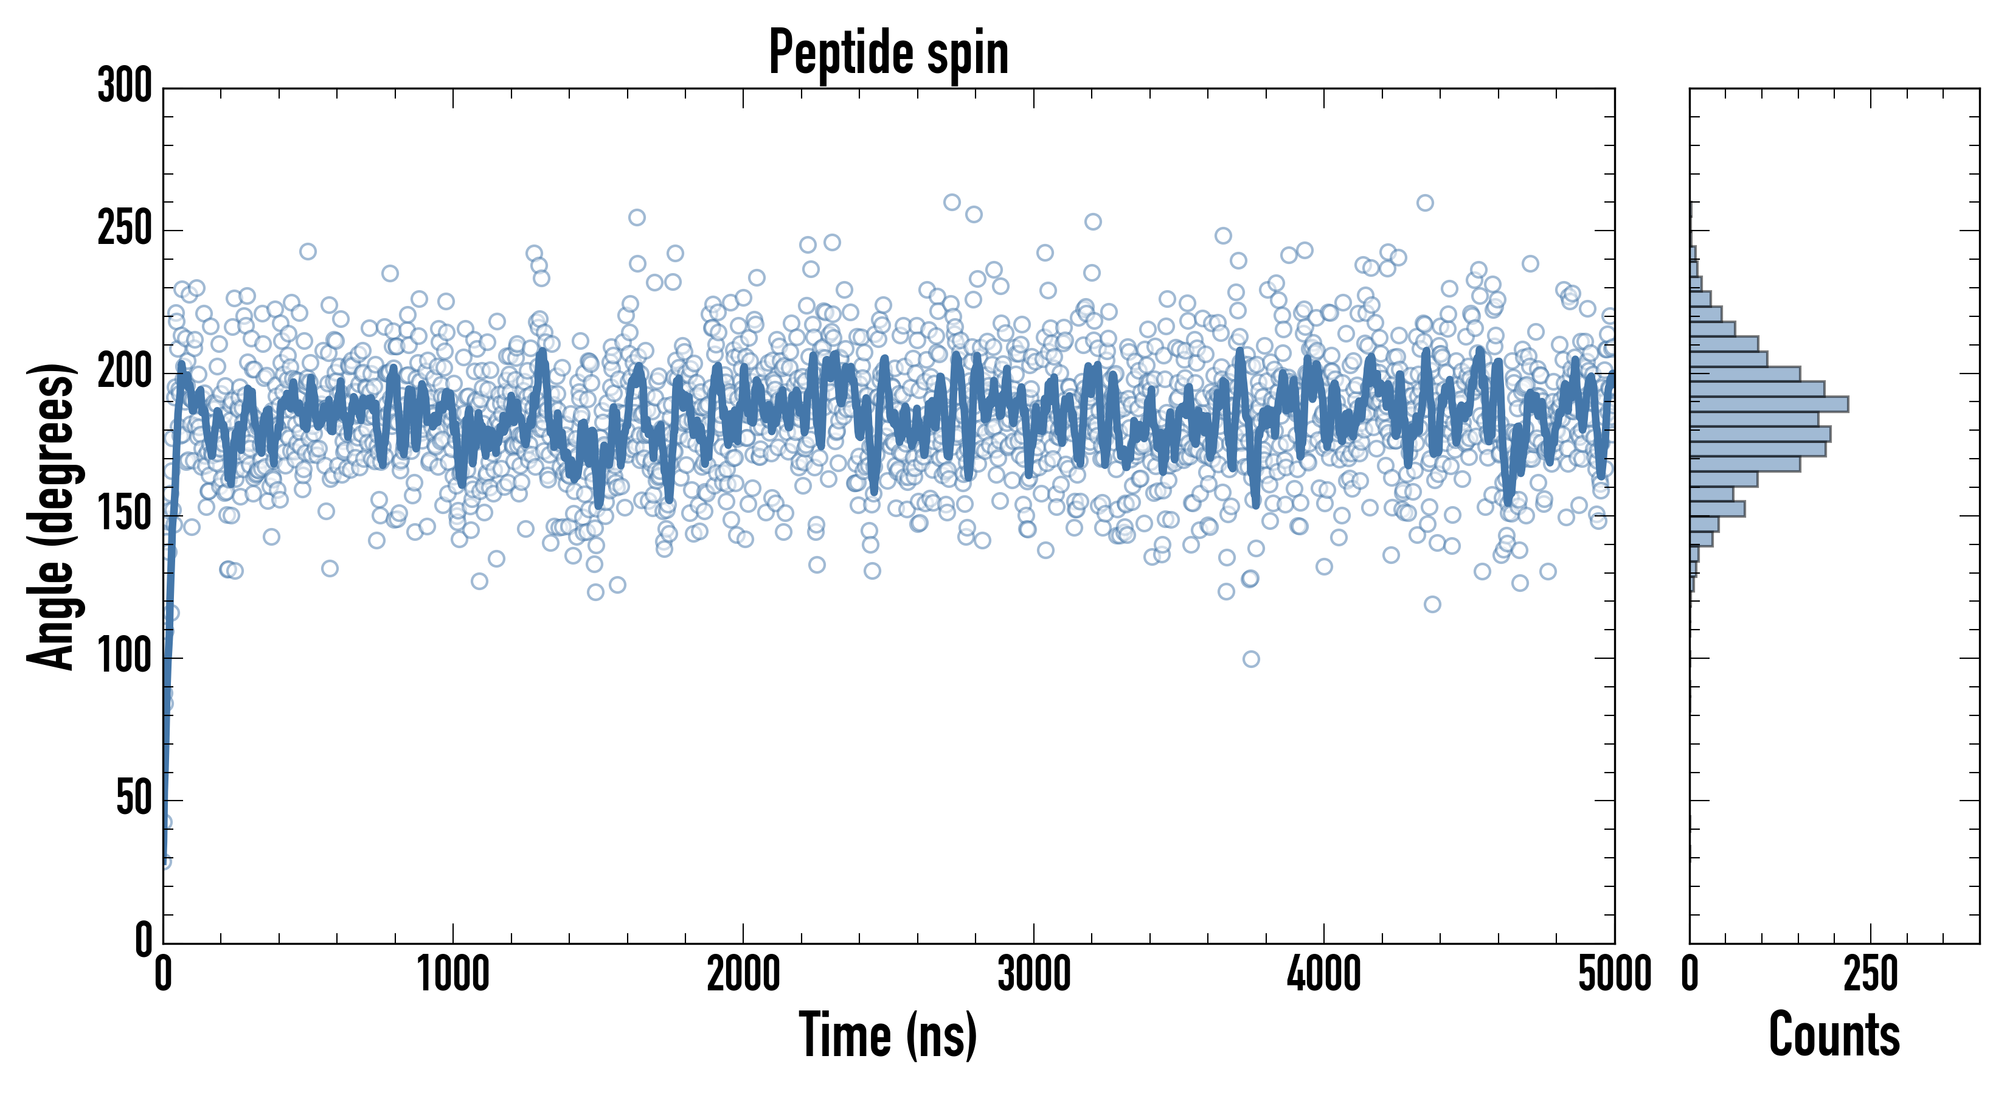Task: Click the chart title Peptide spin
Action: point(888,53)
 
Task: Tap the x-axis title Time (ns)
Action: point(888,1035)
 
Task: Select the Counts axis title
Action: point(1834,1035)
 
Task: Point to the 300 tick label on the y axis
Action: point(125,86)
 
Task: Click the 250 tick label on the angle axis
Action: point(125,229)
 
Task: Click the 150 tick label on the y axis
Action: point(125,515)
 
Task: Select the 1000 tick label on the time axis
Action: point(452,974)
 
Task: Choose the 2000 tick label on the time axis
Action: point(743,974)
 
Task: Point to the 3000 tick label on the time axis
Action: point(1034,974)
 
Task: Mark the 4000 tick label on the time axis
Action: point(1324,974)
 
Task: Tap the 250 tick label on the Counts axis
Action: point(1870,974)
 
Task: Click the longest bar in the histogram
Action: point(1769,404)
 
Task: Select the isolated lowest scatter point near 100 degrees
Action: point(1250,659)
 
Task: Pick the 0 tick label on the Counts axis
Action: point(1690,974)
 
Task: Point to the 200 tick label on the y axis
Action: point(125,372)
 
